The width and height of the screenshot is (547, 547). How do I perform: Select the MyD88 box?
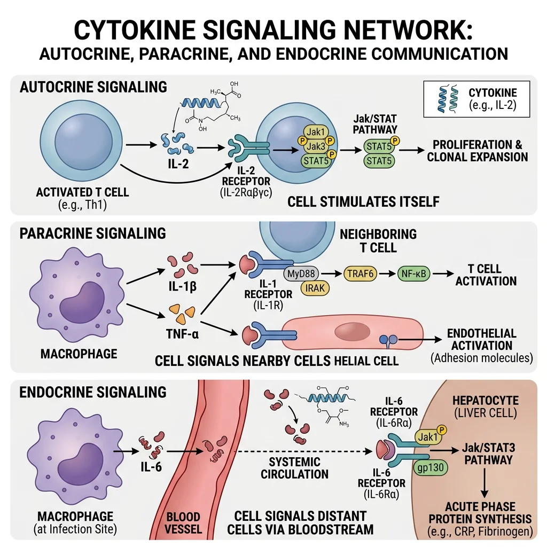pyautogui.click(x=303, y=273)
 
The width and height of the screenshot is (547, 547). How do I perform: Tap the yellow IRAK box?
pyautogui.click(x=316, y=288)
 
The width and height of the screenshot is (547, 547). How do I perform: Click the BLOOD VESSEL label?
pyautogui.click(x=183, y=523)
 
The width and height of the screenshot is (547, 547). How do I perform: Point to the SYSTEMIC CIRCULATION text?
pyautogui.click(x=295, y=467)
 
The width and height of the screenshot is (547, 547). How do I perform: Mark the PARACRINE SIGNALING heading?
pyautogui.click(x=93, y=233)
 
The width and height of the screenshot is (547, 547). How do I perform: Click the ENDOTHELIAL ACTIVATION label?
pyautogui.click(x=481, y=339)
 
